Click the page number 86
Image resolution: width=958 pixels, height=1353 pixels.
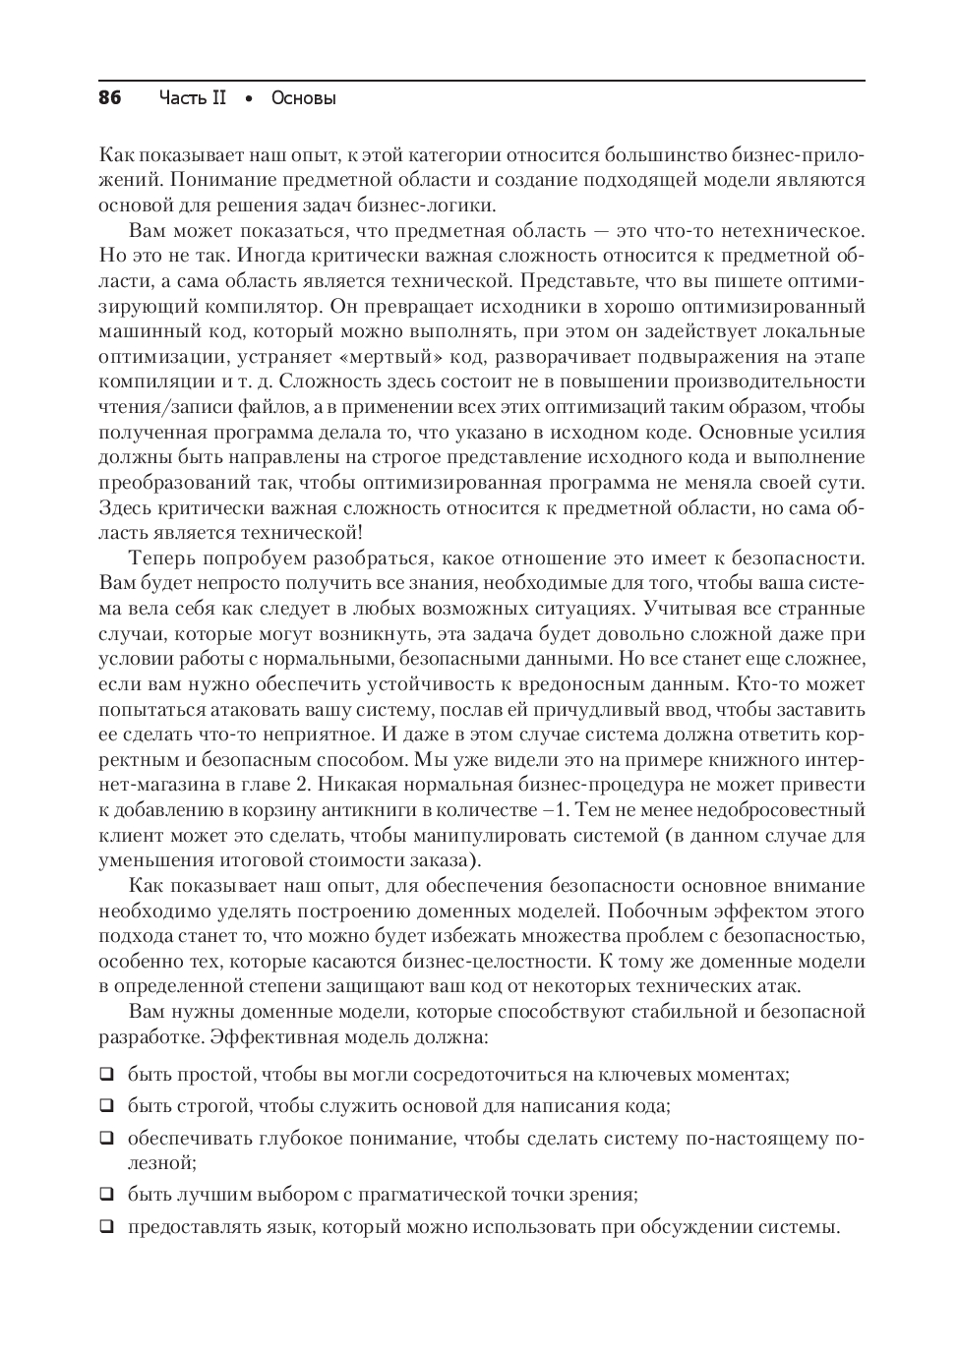tap(109, 98)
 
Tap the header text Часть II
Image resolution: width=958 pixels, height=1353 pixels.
tap(192, 98)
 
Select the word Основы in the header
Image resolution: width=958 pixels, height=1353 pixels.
tap(303, 98)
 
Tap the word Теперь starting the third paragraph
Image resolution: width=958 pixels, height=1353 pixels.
tap(162, 559)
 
